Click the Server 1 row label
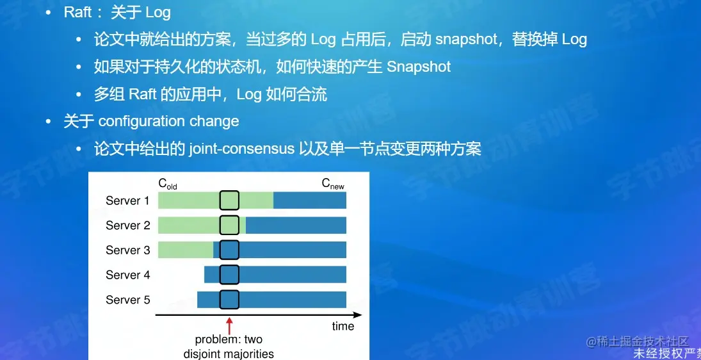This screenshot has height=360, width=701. point(127,200)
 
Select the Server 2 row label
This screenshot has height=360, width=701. point(127,225)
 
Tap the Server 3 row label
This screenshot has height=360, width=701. point(127,250)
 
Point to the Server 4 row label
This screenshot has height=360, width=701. point(127,275)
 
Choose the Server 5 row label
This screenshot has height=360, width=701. point(127,300)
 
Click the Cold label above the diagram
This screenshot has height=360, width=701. point(168,184)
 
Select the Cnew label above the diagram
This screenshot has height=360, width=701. point(333,184)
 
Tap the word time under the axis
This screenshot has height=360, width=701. point(342,326)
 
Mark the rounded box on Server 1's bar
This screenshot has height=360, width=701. point(229,200)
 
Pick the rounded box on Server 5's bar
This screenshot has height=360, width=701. point(229,300)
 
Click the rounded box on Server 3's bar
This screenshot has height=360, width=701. point(229,250)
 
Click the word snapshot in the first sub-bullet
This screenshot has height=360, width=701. point(467,39)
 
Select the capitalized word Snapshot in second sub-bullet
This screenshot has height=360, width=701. point(419,67)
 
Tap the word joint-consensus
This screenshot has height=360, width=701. point(241,149)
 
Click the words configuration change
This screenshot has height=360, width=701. point(168,121)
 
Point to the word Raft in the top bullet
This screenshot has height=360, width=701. point(78,12)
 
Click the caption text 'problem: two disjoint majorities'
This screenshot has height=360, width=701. point(229,347)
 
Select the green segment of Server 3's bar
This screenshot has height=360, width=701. point(185,250)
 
